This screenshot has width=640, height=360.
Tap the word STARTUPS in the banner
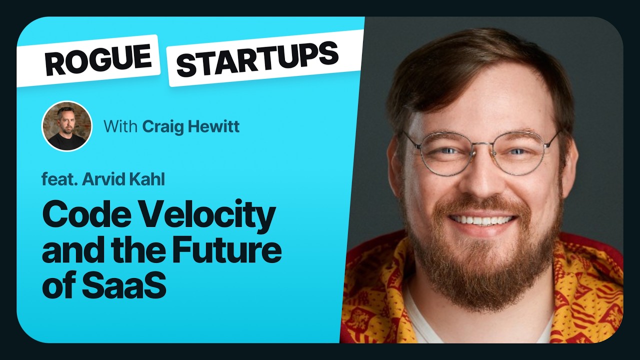257,58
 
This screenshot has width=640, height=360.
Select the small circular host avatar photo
66,126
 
